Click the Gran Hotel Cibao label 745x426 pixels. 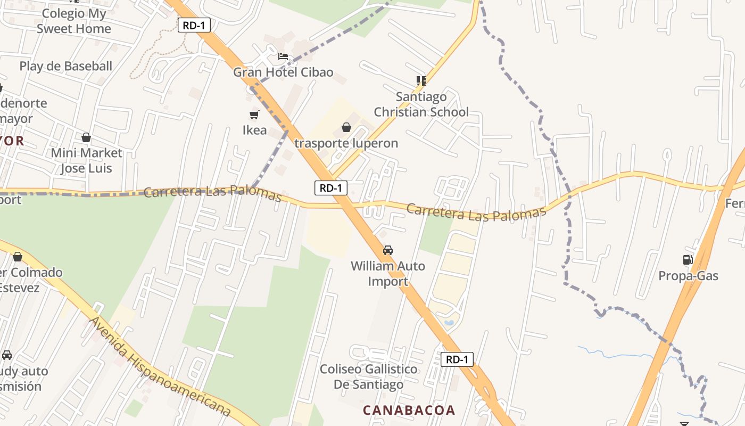pyautogui.click(x=283, y=72)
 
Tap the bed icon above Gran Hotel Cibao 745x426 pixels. pyautogui.click(x=283, y=56)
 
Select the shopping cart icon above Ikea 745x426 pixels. pyautogui.click(x=254, y=114)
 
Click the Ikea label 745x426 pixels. pyautogui.click(x=254, y=130)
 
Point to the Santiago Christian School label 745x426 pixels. pyautogui.click(x=421, y=104)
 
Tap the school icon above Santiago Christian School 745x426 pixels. pyautogui.click(x=421, y=81)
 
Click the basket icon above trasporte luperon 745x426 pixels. pyautogui.click(x=346, y=127)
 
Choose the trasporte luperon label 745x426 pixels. pyautogui.click(x=346, y=143)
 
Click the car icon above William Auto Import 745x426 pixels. pyautogui.click(x=388, y=250)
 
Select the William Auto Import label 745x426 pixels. pyautogui.click(x=388, y=273)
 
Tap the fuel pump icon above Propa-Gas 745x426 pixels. pyautogui.click(x=688, y=260)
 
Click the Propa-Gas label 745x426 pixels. pyautogui.click(x=688, y=276)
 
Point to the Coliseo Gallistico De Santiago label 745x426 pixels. pyautogui.click(x=369, y=376)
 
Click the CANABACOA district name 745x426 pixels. pyautogui.click(x=409, y=410)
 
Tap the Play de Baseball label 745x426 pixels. pyautogui.click(x=66, y=66)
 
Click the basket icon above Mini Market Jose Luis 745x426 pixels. pyautogui.click(x=86, y=137)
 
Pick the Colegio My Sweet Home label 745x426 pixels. pyautogui.click(x=74, y=21)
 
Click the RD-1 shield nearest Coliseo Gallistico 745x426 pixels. pyautogui.click(x=457, y=359)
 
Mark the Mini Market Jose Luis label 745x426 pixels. pyautogui.click(x=86, y=160)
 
